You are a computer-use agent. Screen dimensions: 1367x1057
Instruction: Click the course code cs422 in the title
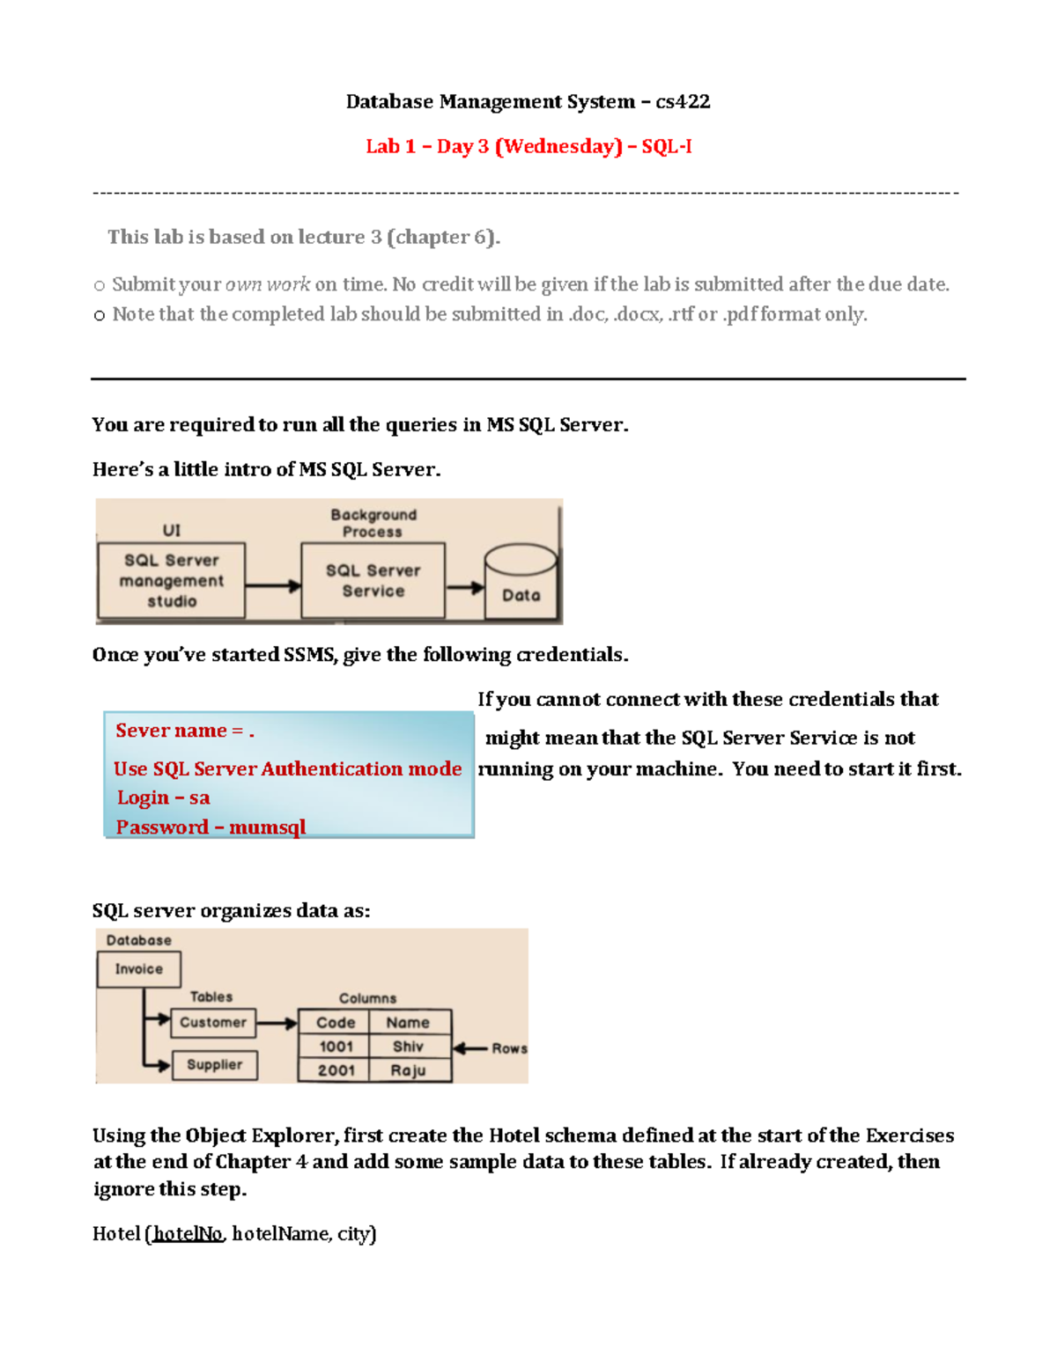click(x=683, y=102)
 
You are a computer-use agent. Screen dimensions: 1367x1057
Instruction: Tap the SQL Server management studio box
click(x=172, y=581)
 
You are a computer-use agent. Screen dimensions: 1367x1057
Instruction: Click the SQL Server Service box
click(x=373, y=581)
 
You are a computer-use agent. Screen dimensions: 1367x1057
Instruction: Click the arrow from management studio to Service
click(x=273, y=585)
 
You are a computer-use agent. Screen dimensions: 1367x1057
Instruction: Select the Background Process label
click(x=373, y=523)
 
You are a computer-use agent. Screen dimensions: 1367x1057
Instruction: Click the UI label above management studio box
click(x=171, y=530)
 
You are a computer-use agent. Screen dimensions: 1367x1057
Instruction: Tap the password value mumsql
click(x=267, y=827)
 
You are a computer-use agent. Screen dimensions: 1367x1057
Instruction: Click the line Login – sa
click(x=164, y=797)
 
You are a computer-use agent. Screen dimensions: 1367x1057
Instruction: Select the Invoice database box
click(x=138, y=969)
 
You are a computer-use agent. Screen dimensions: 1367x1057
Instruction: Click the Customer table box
click(x=213, y=1023)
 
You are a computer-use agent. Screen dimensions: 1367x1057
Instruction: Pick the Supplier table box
click(x=214, y=1065)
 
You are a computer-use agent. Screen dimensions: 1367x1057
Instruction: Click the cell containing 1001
click(x=336, y=1047)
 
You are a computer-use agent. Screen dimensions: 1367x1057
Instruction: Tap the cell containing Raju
click(x=408, y=1070)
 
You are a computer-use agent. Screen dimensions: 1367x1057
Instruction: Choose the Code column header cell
click(x=336, y=1023)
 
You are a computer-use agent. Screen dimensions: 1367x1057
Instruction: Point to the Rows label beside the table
click(x=509, y=1048)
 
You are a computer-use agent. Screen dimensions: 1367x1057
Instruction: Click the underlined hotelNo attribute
click(x=188, y=1234)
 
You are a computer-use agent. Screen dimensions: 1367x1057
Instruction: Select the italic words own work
click(x=268, y=284)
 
